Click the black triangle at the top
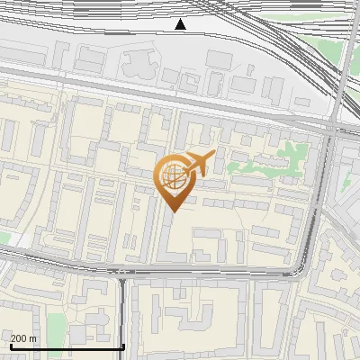click(x=181, y=24)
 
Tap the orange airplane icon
click(x=197, y=164)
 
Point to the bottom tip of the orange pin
click(x=173, y=212)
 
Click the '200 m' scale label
click(x=23, y=338)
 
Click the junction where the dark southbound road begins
click(x=122, y=278)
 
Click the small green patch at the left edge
click(x=4, y=238)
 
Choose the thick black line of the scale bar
click(x=67, y=346)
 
